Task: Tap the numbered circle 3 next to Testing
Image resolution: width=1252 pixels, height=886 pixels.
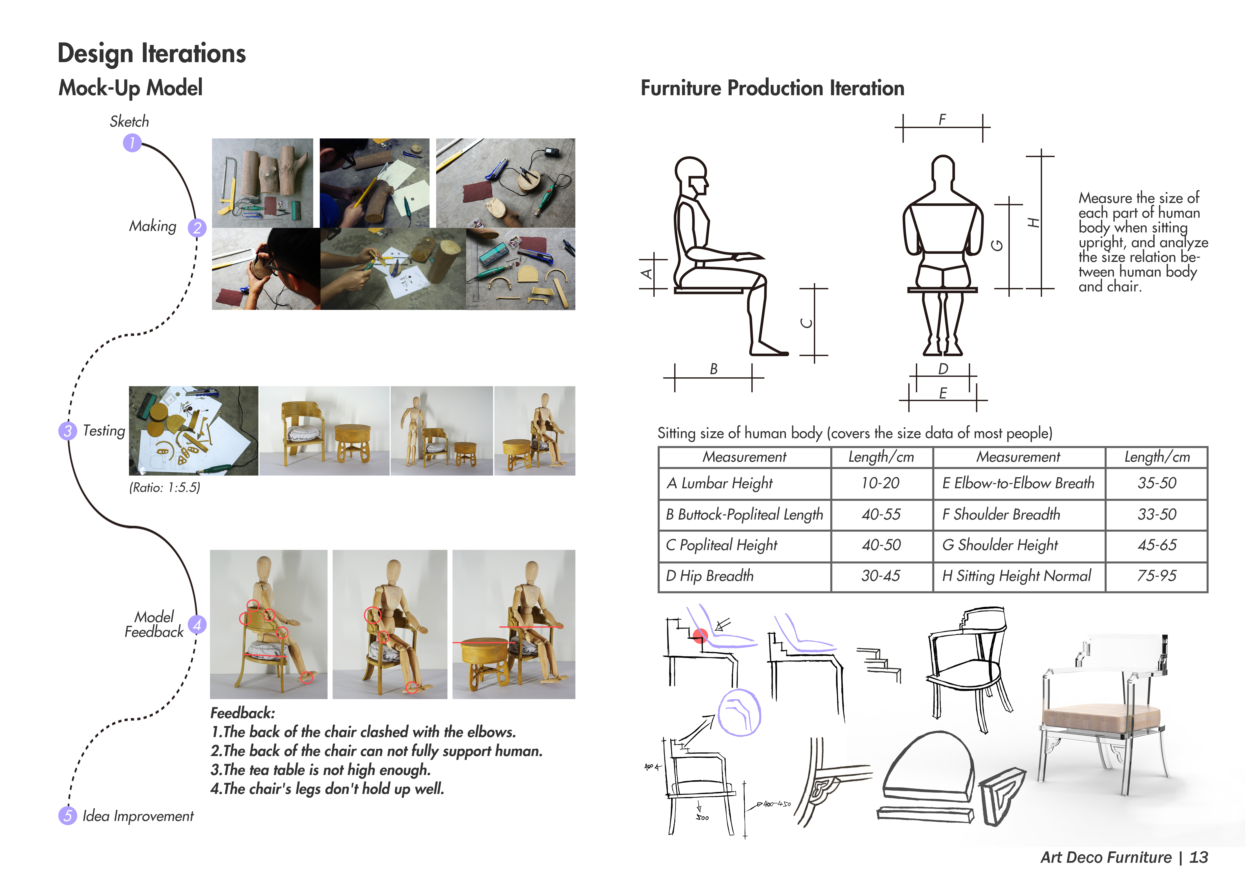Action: [x=68, y=431]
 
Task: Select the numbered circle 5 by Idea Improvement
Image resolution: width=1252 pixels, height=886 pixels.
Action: [x=68, y=816]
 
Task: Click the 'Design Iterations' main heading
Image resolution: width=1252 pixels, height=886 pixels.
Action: [x=152, y=54]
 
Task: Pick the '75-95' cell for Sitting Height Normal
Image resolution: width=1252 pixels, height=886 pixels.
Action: [x=1157, y=576]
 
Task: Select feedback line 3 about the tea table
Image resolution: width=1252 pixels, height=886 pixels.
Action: [x=321, y=770]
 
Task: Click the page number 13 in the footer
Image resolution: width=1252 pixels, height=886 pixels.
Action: [x=1198, y=858]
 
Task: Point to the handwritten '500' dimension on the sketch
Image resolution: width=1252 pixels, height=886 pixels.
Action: [x=702, y=817]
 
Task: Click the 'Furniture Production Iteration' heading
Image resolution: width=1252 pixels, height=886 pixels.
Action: [x=772, y=88]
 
